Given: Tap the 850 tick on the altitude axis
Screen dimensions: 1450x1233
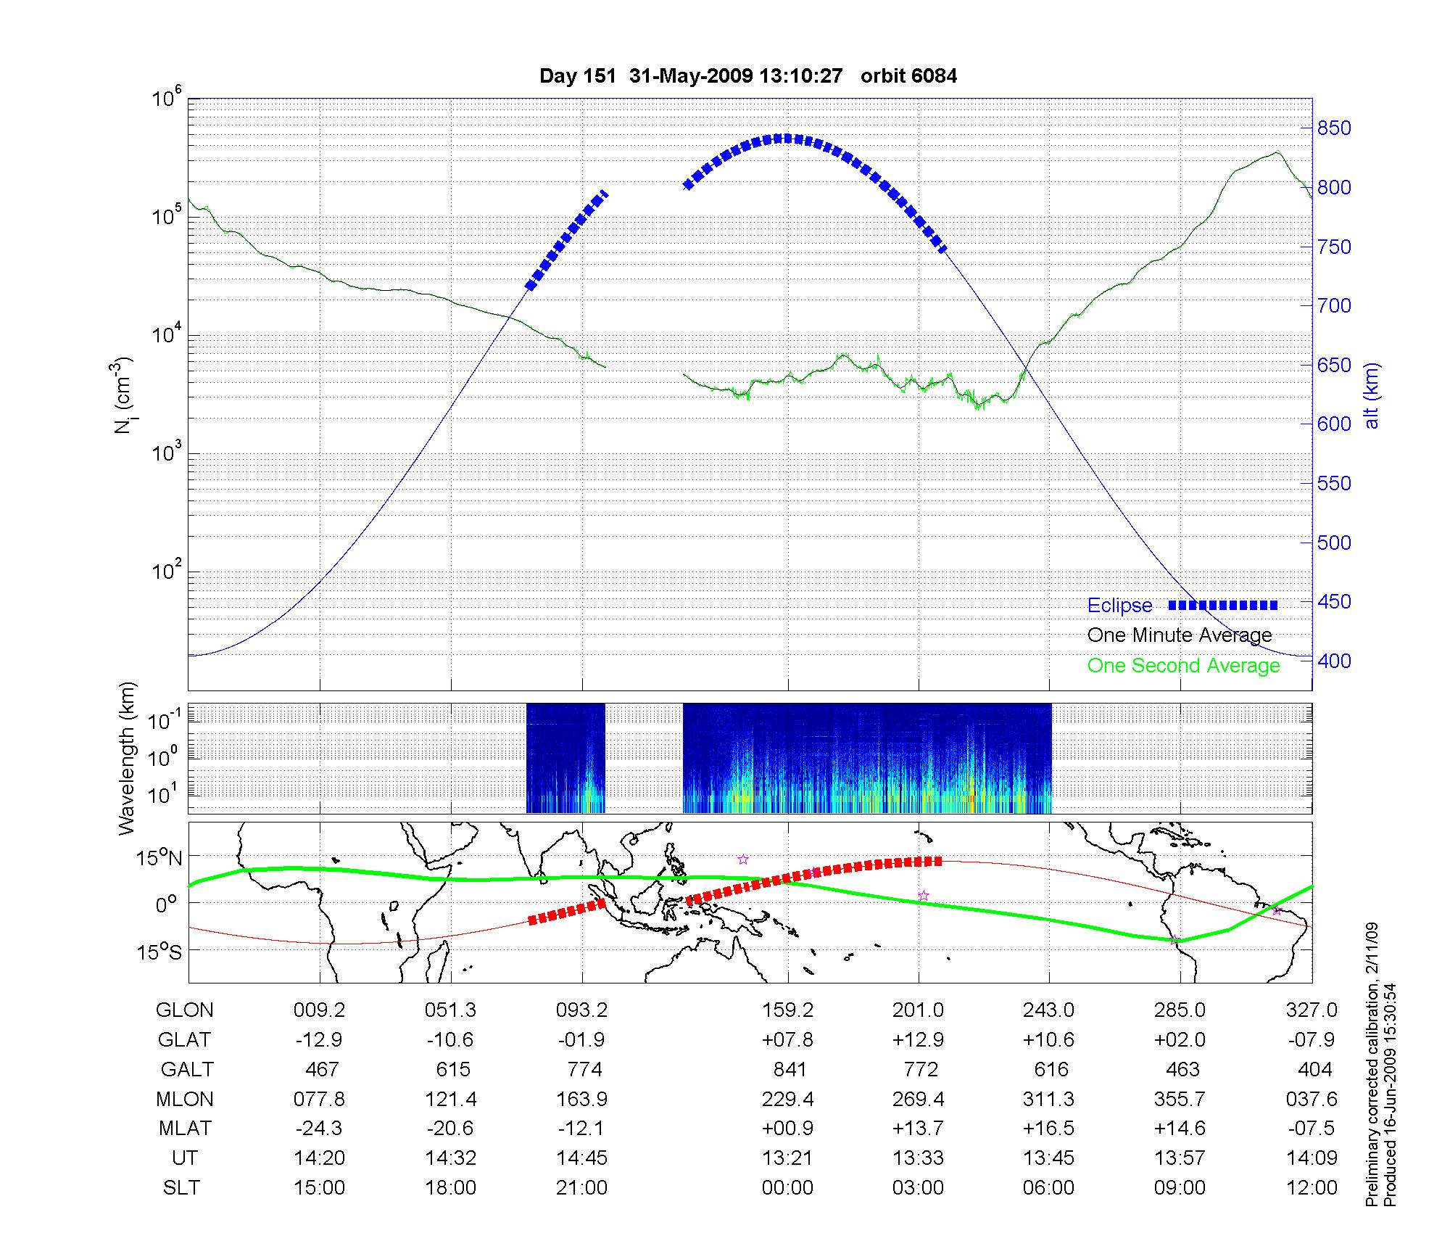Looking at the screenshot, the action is point(1334,128).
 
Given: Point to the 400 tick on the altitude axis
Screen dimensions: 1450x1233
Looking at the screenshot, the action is point(1334,661).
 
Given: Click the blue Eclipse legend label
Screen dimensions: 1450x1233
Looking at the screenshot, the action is point(1119,605).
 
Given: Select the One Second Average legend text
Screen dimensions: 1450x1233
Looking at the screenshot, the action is point(1183,665).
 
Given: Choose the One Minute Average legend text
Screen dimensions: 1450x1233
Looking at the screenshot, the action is point(1180,635).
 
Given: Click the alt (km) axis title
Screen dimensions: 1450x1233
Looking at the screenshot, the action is point(1371,395).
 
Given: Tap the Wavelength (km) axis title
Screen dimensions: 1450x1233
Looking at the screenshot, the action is point(127,759).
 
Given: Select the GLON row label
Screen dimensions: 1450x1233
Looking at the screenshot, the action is point(185,1010).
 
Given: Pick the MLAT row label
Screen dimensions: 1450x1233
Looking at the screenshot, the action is point(185,1129).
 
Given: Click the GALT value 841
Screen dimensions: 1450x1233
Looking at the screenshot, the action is point(790,1069).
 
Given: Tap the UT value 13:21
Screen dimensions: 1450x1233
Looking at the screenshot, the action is point(788,1158).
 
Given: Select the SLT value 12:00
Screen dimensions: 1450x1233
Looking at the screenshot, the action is point(1312,1188).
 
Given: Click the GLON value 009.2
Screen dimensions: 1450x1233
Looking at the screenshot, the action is point(319,1010).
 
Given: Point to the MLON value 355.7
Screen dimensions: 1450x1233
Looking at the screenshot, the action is point(1180,1099).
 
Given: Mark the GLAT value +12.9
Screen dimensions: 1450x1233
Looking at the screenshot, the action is point(918,1039).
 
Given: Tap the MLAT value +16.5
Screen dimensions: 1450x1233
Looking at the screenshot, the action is point(1048,1129).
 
